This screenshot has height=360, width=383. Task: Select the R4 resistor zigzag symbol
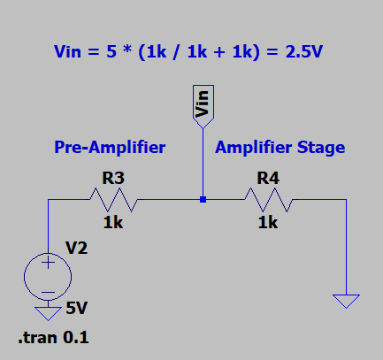[267, 200]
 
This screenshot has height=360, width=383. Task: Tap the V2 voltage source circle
[47, 276]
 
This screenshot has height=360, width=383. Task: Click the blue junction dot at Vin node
[203, 200]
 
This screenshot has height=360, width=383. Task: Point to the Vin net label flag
[203, 103]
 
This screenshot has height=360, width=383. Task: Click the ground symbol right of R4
[348, 301]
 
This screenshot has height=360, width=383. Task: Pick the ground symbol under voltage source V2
[48, 311]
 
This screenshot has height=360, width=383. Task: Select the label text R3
[112, 178]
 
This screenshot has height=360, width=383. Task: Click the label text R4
[268, 178]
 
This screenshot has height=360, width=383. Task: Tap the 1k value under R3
[112, 224]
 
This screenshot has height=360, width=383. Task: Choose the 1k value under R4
[268, 224]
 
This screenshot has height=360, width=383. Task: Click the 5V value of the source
[77, 309]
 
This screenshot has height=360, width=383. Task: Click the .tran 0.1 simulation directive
[54, 337]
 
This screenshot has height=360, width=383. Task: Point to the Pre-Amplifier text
[110, 146]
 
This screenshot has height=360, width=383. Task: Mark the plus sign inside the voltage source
[47, 264]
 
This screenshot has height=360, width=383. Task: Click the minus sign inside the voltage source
[47, 290]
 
